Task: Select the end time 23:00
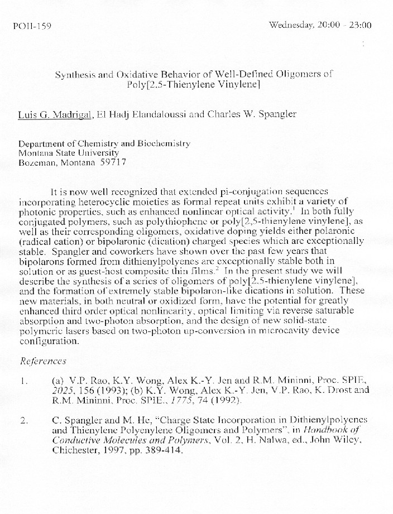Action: click(x=360, y=25)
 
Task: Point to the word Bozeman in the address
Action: click(x=36, y=162)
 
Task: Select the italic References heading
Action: click(x=43, y=361)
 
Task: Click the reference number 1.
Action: click(x=24, y=381)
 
